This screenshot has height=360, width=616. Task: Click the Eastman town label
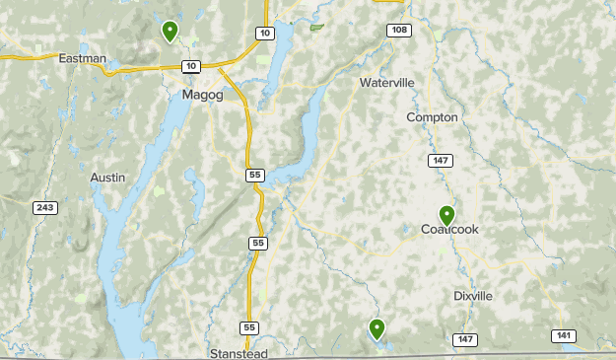pyautogui.click(x=82, y=58)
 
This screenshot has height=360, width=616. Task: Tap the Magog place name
pyautogui.click(x=203, y=96)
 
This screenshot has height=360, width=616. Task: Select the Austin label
pyautogui.click(x=107, y=178)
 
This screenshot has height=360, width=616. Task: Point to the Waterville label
pyautogui.click(x=387, y=83)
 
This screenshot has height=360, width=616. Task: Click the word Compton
pyautogui.click(x=433, y=117)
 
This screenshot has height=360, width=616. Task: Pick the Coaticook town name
pyautogui.click(x=449, y=230)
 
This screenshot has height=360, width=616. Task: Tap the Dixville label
pyautogui.click(x=473, y=296)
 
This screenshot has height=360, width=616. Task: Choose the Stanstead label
pyautogui.click(x=239, y=352)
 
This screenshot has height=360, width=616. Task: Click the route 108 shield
pyautogui.click(x=398, y=31)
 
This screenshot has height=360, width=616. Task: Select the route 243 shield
pyautogui.click(x=44, y=207)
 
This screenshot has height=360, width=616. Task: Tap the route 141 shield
pyautogui.click(x=563, y=335)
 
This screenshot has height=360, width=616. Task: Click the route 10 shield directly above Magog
pyautogui.click(x=191, y=66)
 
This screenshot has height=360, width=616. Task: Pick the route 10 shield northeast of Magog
pyautogui.click(x=264, y=34)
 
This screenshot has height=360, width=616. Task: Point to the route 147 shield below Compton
pyautogui.click(x=441, y=160)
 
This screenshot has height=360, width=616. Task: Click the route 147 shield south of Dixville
pyautogui.click(x=465, y=339)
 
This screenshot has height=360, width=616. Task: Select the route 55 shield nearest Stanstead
pyautogui.click(x=249, y=327)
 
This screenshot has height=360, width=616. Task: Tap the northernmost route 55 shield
pyautogui.click(x=256, y=175)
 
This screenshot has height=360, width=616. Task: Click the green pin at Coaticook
pyautogui.click(x=446, y=215)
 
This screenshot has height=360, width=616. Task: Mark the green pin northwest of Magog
pyautogui.click(x=171, y=32)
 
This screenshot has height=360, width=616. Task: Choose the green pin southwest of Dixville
pyautogui.click(x=376, y=328)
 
